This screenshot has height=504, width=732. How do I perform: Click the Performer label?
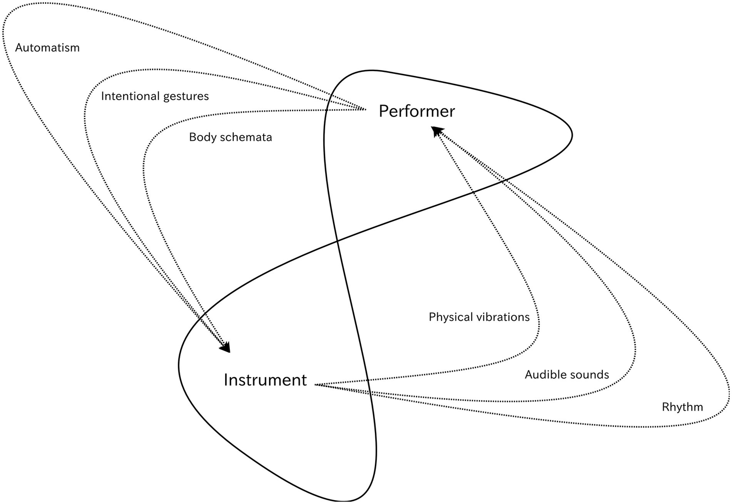[x=416, y=111]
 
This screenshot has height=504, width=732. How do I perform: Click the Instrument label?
[x=265, y=380]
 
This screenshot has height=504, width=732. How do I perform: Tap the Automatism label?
[x=47, y=48]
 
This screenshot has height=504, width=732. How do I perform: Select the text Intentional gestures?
[x=155, y=96]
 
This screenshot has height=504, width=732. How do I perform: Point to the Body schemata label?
[x=230, y=137]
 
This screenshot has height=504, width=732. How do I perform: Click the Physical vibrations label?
[x=479, y=317]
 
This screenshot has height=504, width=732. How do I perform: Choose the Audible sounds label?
[x=567, y=375]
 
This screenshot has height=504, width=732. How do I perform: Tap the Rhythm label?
[x=682, y=407]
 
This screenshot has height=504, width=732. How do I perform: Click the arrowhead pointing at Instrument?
[x=226, y=347]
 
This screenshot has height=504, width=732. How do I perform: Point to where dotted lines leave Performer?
[x=363, y=109]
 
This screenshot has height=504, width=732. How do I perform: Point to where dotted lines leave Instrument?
[x=317, y=384]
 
